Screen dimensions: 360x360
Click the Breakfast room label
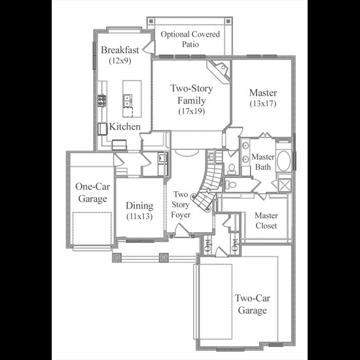[x=120, y=50]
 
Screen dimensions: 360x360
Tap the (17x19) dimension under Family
[x=192, y=111]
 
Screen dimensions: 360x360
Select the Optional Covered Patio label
[x=190, y=39]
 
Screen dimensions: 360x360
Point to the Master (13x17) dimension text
[x=263, y=103]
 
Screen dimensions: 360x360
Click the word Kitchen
[x=124, y=126]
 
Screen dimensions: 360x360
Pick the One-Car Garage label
[x=92, y=192]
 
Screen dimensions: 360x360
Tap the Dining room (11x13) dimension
[x=139, y=216]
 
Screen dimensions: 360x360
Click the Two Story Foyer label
[x=181, y=205]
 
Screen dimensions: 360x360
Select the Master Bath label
[x=263, y=162]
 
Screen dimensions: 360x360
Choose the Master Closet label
[x=266, y=221]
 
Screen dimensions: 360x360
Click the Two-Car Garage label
[x=252, y=304]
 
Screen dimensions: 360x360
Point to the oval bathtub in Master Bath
[x=284, y=161]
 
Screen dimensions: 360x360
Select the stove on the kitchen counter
[x=101, y=101]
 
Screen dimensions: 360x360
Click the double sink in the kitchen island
[x=127, y=101]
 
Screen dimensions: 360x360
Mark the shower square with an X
[x=285, y=185]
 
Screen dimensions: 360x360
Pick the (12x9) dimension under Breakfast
[x=120, y=61]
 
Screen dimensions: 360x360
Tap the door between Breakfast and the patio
[x=149, y=47]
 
